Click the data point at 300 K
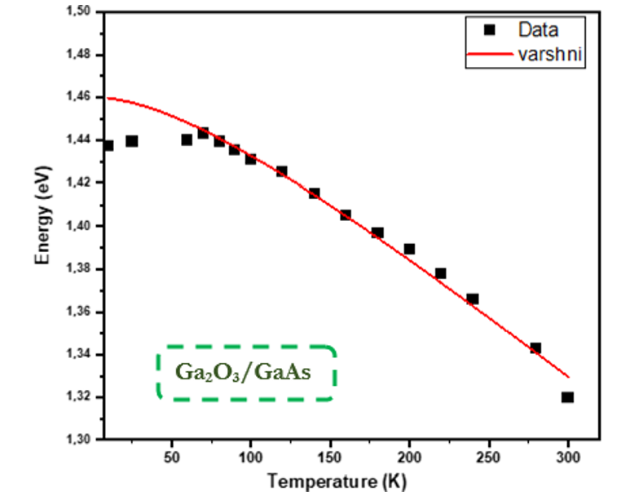[x=567, y=397]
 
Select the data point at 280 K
[x=535, y=348]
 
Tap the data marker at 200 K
[x=409, y=249]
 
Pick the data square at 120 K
[x=281, y=171]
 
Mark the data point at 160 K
[x=346, y=215]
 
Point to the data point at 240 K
[x=473, y=299]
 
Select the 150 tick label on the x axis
[x=330, y=456]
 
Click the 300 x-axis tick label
[x=569, y=456]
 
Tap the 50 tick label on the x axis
[x=171, y=456]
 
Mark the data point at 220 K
[x=441, y=273]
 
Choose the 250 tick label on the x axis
[x=489, y=456]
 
